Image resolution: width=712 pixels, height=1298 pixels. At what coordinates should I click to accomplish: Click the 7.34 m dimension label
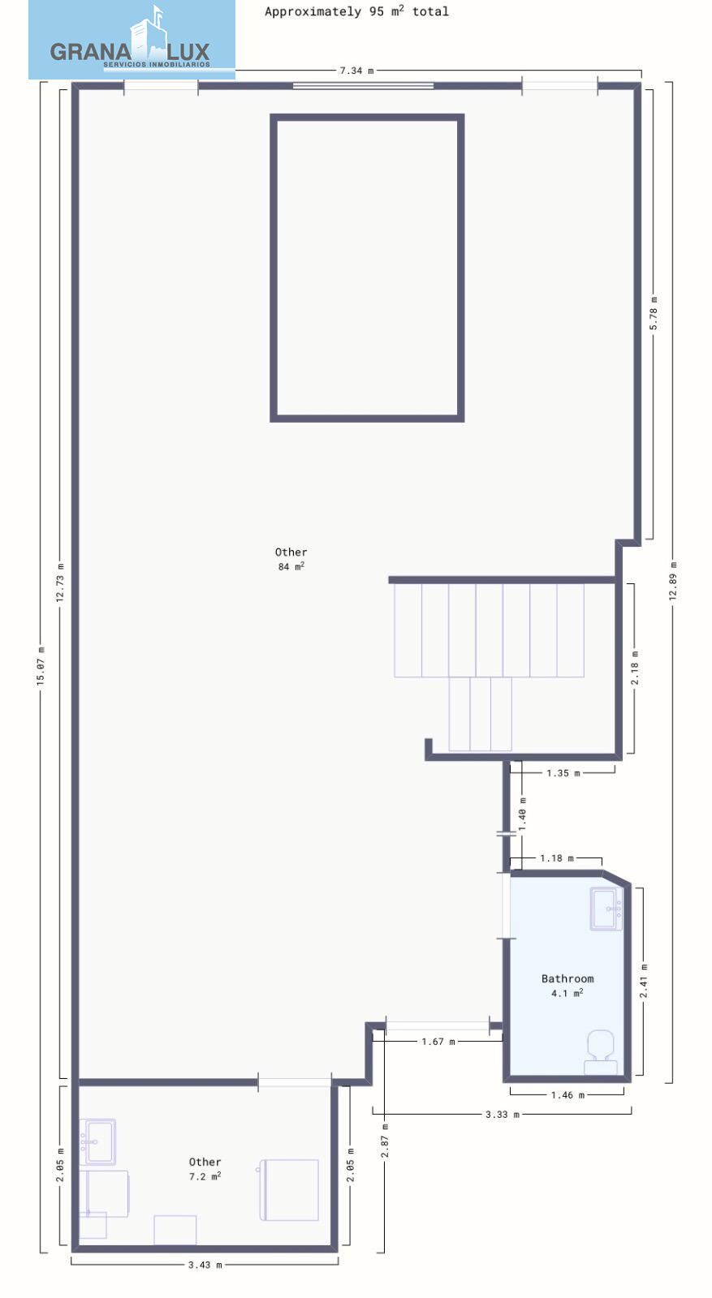point(356,71)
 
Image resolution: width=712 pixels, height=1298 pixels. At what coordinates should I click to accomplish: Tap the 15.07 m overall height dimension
point(41,667)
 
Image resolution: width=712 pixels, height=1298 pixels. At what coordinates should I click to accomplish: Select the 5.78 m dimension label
point(654,313)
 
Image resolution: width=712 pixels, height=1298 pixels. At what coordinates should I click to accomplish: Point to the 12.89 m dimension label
point(673,581)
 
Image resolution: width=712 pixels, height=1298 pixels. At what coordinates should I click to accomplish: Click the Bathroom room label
point(567,978)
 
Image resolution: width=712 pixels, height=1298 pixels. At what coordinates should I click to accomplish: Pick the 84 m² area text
point(291,566)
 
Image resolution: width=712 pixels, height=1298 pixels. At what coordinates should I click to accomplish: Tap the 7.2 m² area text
point(205,1176)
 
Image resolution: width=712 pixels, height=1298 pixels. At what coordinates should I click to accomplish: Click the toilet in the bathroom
point(601,1051)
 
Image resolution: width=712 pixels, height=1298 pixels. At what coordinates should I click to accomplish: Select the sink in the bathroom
point(606,909)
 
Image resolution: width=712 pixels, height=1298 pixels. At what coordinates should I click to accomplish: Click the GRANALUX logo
point(132,40)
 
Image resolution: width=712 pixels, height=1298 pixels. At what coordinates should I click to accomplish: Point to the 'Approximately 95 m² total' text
point(356,11)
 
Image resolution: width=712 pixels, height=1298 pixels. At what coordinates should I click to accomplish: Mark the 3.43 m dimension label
point(205,1265)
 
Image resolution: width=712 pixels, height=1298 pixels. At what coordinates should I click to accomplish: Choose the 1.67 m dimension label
point(438,1042)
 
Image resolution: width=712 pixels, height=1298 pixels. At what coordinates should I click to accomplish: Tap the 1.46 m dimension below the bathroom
point(567,1094)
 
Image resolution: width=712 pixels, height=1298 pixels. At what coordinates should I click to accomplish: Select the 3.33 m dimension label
point(502,1114)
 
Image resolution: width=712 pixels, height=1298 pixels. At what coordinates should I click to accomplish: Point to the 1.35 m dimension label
point(563,773)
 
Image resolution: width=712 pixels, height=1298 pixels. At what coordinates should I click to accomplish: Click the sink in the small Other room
point(97,1141)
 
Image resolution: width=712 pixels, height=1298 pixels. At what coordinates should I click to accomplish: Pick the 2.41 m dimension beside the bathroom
point(644,981)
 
